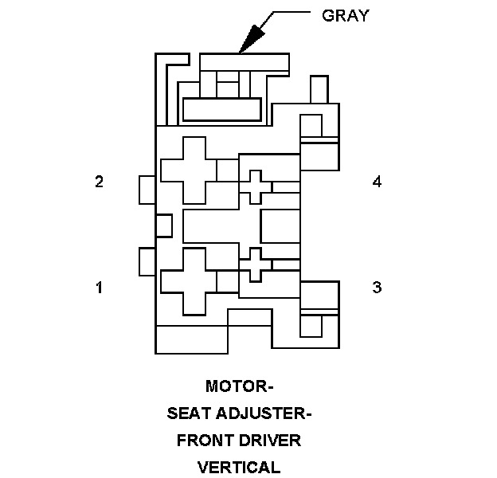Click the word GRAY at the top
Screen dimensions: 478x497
click(344, 16)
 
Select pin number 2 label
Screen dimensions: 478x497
click(99, 182)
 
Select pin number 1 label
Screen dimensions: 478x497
click(99, 288)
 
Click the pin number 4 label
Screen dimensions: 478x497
click(377, 182)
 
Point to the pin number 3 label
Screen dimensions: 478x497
click(377, 288)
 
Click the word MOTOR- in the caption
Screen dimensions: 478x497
click(239, 387)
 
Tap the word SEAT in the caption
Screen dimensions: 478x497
click(190, 414)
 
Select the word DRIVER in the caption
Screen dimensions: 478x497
click(273, 441)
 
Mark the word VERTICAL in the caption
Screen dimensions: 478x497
click(239, 468)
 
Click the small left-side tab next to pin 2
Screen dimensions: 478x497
click(147, 190)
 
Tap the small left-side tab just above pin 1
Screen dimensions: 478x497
click(147, 261)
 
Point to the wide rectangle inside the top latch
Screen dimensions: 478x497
click(221, 109)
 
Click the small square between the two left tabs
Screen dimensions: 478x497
click(163, 225)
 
